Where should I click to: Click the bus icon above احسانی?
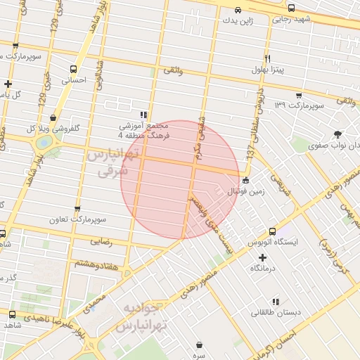[x=72, y=70]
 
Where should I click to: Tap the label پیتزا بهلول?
[x=268, y=70]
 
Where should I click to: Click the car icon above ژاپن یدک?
[x=238, y=11]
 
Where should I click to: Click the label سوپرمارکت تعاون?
[x=77, y=219]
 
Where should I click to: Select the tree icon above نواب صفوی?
[x=339, y=134]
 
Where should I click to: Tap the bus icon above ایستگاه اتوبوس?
[x=271, y=231]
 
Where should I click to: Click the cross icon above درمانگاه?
[x=255, y=257]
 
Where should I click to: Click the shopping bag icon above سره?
[x=201, y=344]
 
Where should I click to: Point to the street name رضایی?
[x=101, y=241]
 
